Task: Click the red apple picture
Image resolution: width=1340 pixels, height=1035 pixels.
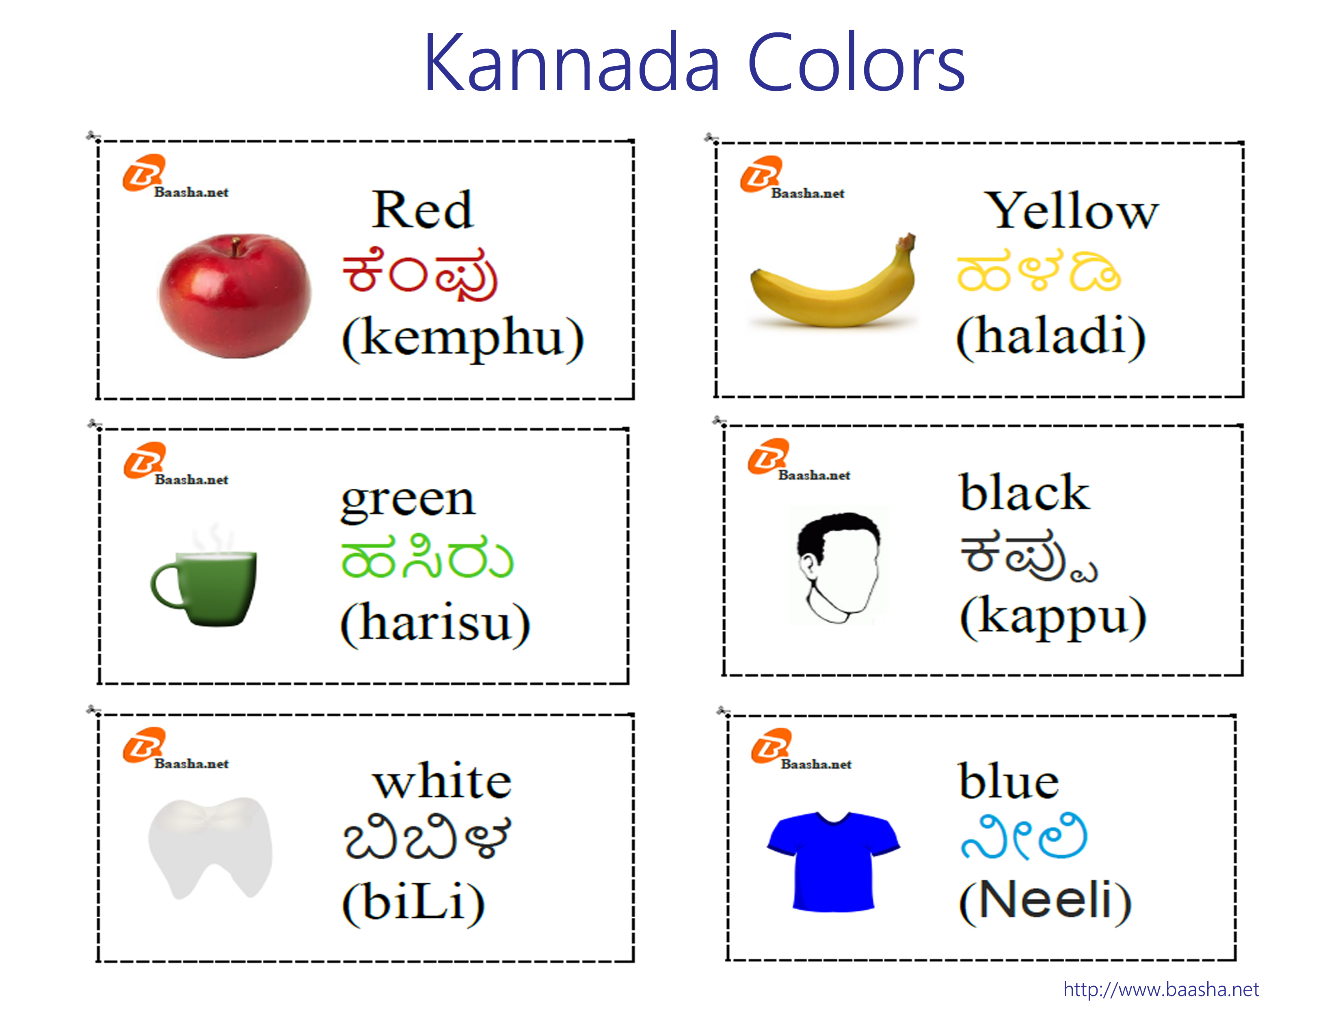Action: tap(234, 295)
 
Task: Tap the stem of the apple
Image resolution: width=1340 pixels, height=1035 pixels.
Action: tap(236, 247)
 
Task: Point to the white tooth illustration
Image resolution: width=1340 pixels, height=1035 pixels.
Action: tap(210, 847)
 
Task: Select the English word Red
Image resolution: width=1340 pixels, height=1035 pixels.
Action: tap(422, 210)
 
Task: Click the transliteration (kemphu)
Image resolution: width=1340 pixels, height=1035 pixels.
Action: tap(463, 339)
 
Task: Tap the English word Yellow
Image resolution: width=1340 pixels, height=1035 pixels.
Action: tap(1071, 211)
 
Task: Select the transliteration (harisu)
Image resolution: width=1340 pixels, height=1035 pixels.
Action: tap(435, 623)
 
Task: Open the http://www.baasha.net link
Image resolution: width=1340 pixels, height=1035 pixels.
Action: tap(1161, 990)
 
